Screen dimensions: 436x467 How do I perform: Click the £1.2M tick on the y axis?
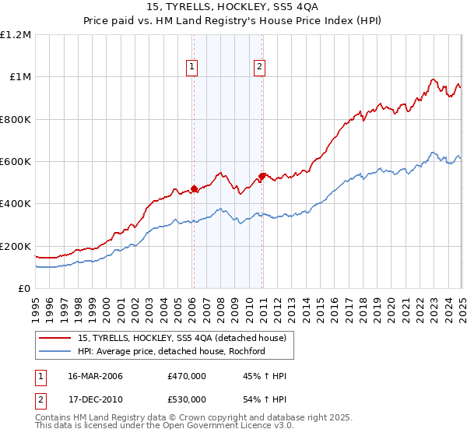coord(16,34)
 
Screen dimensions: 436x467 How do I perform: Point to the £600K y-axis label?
coord(16,161)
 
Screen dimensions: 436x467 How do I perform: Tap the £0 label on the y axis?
coord(24,288)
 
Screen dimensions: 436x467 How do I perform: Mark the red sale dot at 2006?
coord(194,188)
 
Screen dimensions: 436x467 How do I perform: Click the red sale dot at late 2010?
coord(262,176)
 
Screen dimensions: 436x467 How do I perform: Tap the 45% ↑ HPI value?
coord(253,376)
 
